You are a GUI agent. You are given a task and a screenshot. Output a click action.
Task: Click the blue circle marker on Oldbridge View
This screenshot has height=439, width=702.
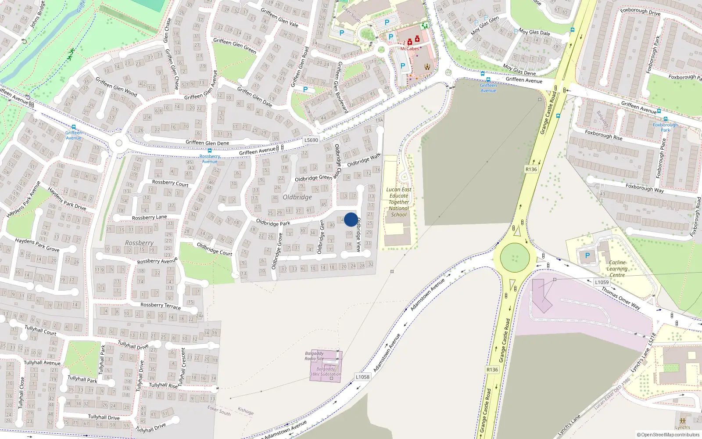pos(351,219)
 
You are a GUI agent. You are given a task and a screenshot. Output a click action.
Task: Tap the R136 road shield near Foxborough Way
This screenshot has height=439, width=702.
pos(531,169)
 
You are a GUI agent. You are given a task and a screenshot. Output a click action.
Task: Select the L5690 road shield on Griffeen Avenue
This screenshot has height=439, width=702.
pos(311,140)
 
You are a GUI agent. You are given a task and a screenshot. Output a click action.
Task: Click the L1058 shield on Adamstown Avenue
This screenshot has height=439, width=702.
pos(362,377)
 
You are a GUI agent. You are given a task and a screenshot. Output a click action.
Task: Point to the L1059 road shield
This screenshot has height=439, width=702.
pos(602,282)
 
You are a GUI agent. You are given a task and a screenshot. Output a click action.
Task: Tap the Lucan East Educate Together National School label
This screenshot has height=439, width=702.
pos(399,202)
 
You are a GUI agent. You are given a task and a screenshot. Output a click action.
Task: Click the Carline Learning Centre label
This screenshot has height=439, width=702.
pos(617,269)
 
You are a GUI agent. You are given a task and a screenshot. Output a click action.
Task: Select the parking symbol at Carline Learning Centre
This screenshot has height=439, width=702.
pos(587,255)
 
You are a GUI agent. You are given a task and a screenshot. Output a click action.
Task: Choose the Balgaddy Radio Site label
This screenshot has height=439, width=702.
pos(314,356)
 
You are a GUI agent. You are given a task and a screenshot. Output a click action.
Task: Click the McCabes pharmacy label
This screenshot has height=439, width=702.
pos(409,49)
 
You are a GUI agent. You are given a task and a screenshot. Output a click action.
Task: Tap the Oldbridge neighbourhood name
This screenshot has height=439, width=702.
pos(297,197)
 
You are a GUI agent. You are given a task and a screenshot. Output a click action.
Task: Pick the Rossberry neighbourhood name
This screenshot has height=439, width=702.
pos(139,243)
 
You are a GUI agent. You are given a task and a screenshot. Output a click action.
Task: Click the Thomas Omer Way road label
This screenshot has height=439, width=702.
pos(620,298)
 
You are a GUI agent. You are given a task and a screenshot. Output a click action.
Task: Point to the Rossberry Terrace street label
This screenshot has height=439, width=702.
pos(160,306)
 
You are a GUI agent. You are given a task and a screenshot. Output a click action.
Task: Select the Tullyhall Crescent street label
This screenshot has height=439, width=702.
pos(183,364)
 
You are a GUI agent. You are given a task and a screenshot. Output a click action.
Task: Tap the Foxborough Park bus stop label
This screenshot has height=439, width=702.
pos(665,127)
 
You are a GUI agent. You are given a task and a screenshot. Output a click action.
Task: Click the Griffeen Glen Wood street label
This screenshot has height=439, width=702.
pos(116,87)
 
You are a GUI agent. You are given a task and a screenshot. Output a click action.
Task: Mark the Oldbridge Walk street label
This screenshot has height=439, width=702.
pos(364,160)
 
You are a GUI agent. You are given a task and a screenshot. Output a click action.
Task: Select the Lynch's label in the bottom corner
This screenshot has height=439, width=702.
pos(682,428)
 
